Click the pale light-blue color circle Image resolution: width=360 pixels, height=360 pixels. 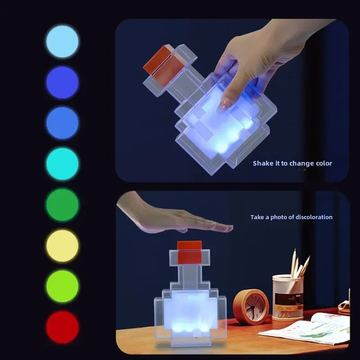tap(62, 41)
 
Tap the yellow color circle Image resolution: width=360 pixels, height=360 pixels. tap(62, 246)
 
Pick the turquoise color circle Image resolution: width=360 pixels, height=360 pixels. tap(62, 164)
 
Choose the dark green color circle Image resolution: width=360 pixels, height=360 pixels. tap(62, 205)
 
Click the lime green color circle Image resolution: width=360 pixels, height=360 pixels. tap(62, 286)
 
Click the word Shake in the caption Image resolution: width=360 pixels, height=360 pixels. tap(262, 163)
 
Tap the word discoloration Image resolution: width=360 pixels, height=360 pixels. tap(314, 217)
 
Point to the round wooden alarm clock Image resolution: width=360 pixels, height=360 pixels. tap(251, 306)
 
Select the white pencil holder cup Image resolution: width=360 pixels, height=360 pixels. tap(288, 297)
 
